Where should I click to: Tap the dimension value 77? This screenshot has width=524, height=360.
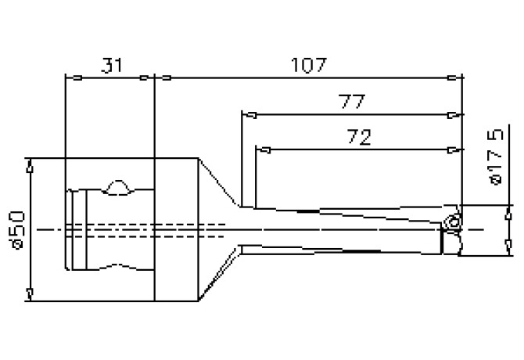tap(352, 103)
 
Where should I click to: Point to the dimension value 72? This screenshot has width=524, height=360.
tap(358, 136)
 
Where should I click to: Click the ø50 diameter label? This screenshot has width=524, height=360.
tap(17, 229)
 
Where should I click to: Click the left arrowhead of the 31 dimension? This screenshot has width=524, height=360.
tap(70, 77)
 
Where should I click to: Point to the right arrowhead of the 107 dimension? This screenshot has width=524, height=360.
tap(454, 77)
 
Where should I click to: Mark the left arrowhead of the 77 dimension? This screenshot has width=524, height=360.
tap(249, 115)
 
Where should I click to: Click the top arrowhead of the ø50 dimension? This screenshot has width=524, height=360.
tap(31, 165)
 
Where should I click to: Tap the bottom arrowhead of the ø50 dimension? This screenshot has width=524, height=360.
tap(31, 293)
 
